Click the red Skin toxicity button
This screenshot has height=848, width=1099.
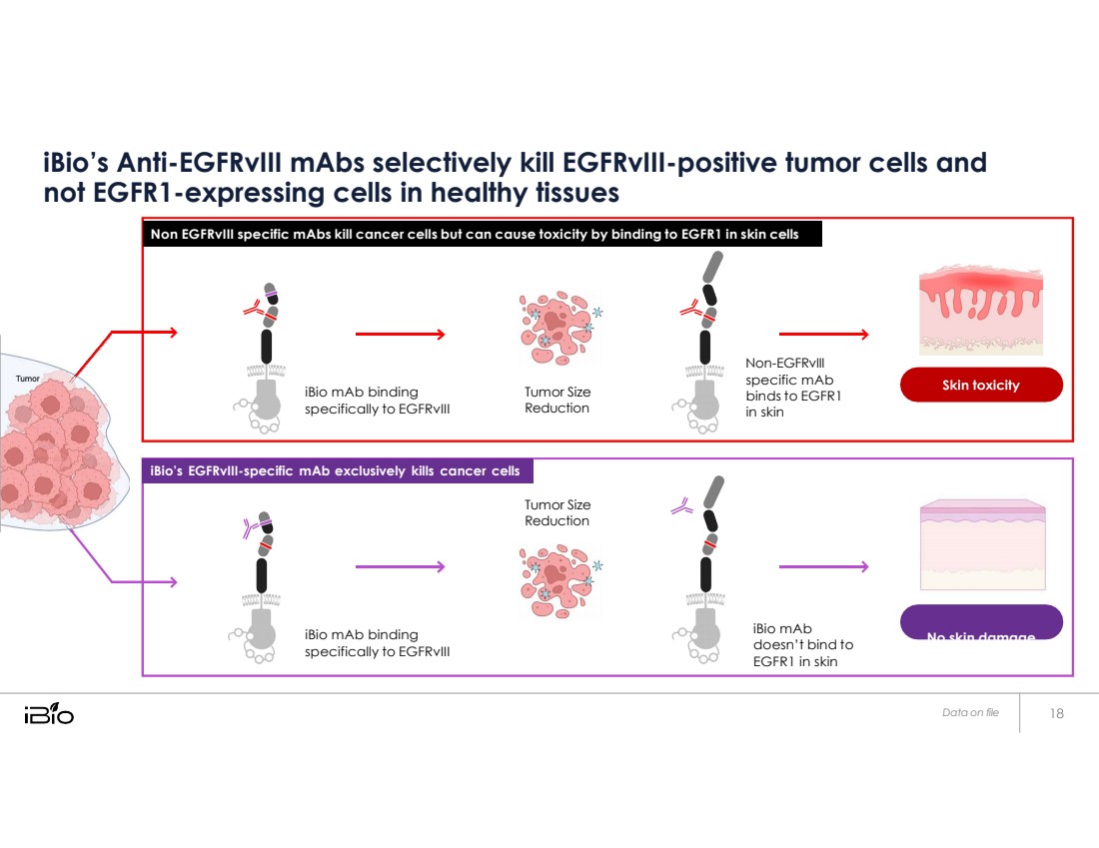981,385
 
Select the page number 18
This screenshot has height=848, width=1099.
1057,713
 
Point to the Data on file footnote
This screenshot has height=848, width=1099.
970,713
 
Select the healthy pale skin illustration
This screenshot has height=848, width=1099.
981,544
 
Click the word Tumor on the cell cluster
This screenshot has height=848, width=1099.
27,379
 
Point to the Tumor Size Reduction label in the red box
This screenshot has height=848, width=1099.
557,400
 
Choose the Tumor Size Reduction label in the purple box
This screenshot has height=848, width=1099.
557,512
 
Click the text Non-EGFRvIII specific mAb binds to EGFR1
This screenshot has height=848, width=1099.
789,389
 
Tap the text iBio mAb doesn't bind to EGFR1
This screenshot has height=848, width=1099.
803,645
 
